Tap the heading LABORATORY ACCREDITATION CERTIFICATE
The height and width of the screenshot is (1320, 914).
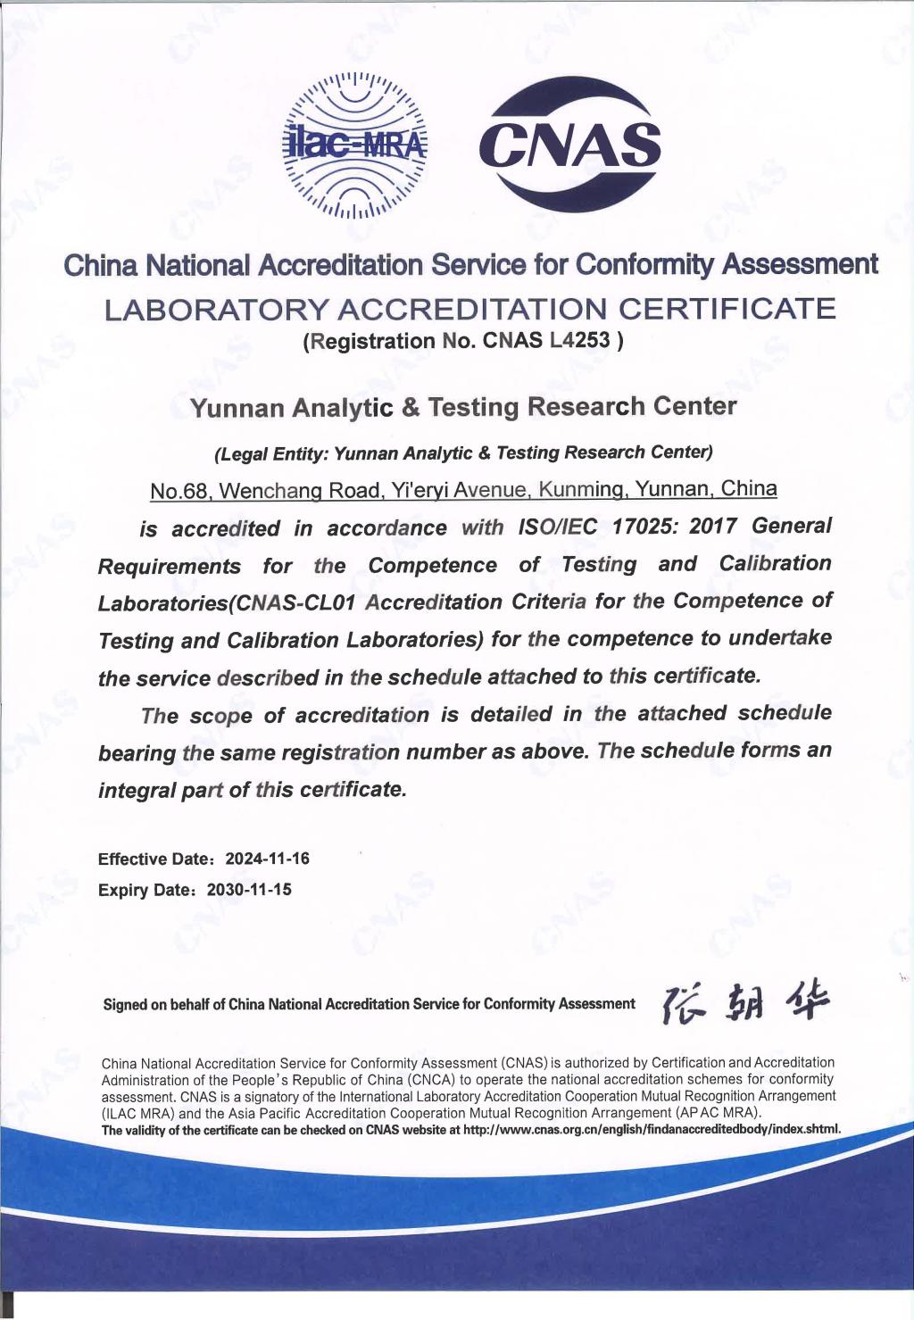tap(469, 309)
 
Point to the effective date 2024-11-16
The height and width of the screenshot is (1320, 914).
tap(267, 859)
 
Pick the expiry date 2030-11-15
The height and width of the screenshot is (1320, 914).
tap(249, 890)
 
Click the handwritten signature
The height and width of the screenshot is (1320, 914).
tap(744, 1005)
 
